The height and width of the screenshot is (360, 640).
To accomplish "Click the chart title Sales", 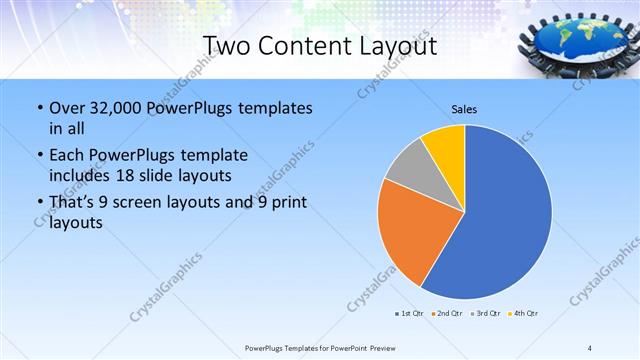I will [x=464, y=107].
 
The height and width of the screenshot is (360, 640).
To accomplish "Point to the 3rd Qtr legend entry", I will [x=485, y=313].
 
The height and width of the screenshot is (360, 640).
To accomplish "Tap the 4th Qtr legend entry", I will [x=524, y=313].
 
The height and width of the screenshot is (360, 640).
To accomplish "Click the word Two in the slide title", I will [x=226, y=46].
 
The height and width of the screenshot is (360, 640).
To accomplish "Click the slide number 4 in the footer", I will [x=589, y=348].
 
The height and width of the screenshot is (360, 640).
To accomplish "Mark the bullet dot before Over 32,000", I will [x=38, y=108].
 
